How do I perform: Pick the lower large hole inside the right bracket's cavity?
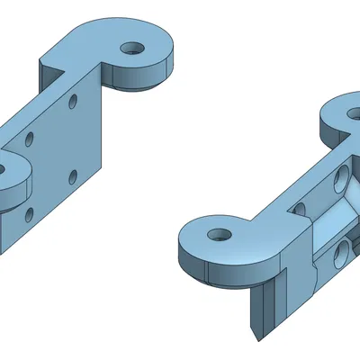pos(342,254)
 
